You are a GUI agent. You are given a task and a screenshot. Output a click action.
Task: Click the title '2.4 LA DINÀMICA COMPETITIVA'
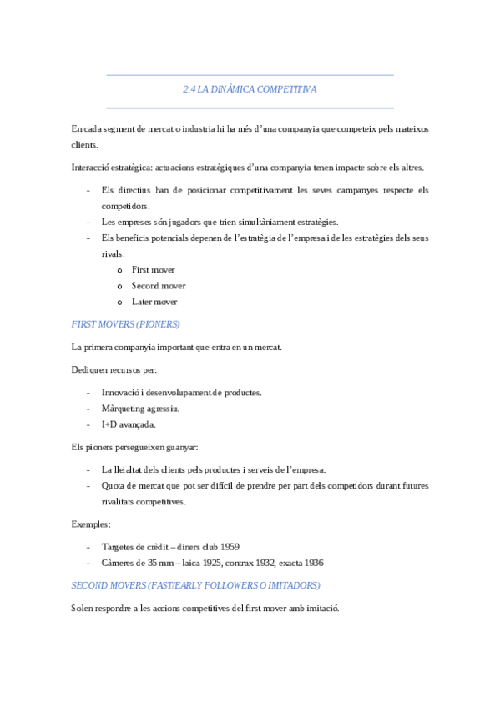point(250,89)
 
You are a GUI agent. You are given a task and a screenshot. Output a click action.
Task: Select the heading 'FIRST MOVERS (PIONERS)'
point(125,323)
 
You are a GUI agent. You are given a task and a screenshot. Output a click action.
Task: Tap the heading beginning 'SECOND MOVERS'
point(195,585)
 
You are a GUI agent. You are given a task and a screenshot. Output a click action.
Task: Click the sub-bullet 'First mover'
point(154,270)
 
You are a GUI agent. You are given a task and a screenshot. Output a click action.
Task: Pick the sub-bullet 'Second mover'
point(159,286)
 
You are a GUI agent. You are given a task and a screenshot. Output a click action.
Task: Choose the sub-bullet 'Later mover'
point(154,302)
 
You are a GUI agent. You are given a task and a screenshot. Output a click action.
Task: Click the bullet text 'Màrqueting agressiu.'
point(140,409)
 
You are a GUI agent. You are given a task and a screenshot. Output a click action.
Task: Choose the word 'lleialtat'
point(132,469)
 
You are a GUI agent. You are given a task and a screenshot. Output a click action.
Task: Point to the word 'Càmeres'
point(119,563)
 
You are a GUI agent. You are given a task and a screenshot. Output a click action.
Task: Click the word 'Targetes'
point(119,547)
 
